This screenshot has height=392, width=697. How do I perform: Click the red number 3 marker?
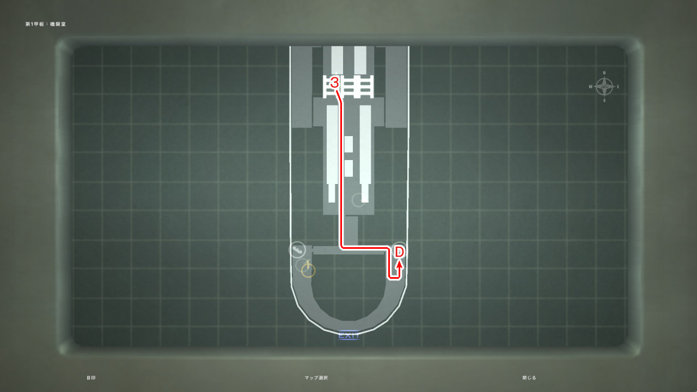click(x=335, y=83)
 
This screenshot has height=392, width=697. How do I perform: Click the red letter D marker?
click(x=399, y=252)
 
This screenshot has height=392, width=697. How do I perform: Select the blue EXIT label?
click(x=348, y=335)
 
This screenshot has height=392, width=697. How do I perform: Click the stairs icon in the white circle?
click(x=297, y=250)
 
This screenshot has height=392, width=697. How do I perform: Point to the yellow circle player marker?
click(x=308, y=269)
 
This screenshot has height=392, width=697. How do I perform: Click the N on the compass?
click(x=604, y=73)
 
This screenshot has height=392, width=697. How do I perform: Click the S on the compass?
click(x=604, y=100)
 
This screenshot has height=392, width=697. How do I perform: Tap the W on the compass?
click(x=591, y=87)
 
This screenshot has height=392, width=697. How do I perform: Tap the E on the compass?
click(x=618, y=87)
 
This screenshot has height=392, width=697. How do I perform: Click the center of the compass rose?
click(x=604, y=87)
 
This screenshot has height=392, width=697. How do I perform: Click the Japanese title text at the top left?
click(x=45, y=24)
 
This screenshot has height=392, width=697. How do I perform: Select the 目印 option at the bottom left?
click(x=91, y=378)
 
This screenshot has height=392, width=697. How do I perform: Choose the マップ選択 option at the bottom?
click(x=316, y=378)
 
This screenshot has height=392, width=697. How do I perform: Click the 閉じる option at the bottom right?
click(x=529, y=378)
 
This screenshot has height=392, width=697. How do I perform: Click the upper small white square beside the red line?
click(x=348, y=144)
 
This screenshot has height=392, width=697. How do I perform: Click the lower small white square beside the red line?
click(x=348, y=168)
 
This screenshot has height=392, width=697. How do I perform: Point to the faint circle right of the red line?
click(x=358, y=200)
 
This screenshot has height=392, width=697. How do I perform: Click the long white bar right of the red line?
click(x=365, y=144)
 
